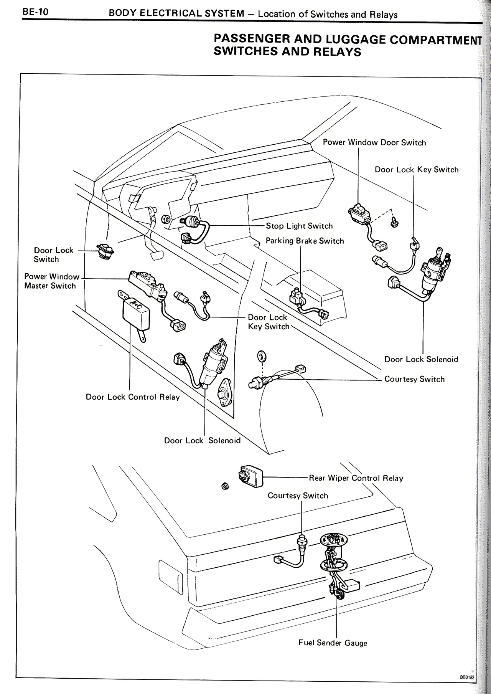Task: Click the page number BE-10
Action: tap(35, 12)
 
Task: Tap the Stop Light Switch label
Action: tap(299, 226)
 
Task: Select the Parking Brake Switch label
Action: tap(305, 241)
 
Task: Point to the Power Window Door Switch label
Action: tap(374, 142)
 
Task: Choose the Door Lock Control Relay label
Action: tap(133, 397)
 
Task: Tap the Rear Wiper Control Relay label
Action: tap(356, 478)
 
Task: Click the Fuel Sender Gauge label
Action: tap(333, 643)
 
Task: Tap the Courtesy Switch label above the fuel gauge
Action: tap(298, 496)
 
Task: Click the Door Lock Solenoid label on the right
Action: tap(421, 359)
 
